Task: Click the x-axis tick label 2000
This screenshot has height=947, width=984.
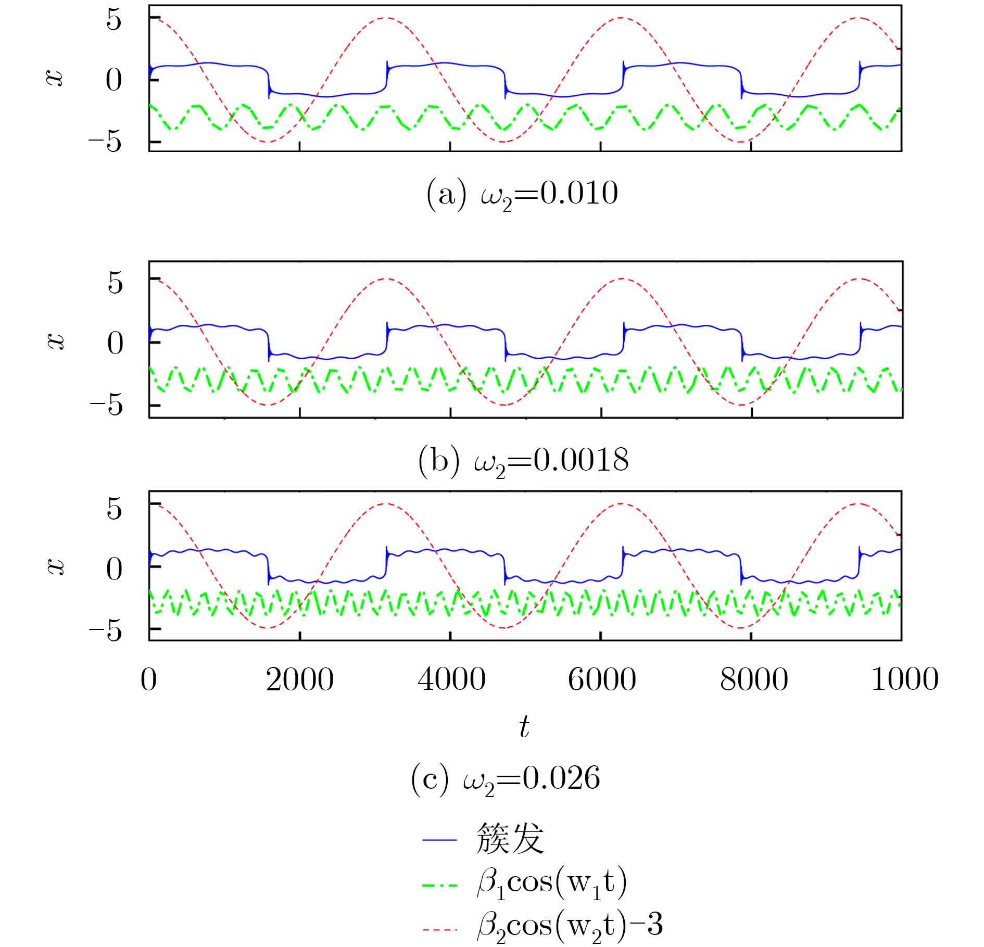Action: coord(300,680)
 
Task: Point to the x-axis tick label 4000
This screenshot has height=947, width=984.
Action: coord(451,680)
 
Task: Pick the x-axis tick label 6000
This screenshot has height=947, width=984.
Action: coord(602,680)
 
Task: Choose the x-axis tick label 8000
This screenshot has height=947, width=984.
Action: coord(753,680)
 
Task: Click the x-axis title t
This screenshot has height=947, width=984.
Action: coord(524,727)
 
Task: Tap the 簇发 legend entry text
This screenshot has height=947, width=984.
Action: coord(510,839)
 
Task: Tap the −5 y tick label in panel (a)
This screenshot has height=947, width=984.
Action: coord(106,142)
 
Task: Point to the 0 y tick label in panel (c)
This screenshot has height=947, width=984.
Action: coord(115,569)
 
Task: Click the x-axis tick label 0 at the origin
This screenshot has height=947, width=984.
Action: coord(149,680)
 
